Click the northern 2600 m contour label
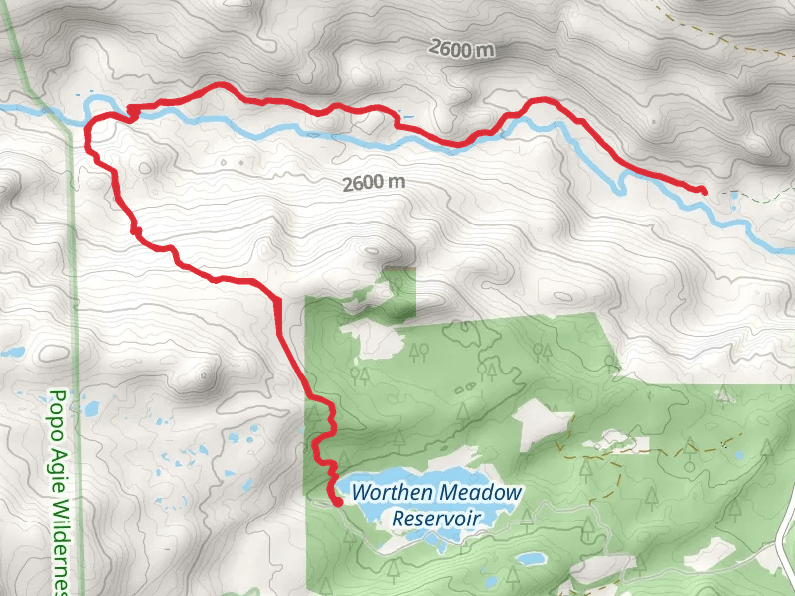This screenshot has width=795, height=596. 462,47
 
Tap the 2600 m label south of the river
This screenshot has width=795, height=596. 374,183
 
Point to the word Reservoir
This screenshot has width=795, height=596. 436,518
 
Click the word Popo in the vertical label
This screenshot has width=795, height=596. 58,408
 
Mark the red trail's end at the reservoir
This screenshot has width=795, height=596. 338,503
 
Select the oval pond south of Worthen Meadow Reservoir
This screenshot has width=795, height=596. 529,559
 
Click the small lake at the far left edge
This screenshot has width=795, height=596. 11,352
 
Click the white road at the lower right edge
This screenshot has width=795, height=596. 785,526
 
